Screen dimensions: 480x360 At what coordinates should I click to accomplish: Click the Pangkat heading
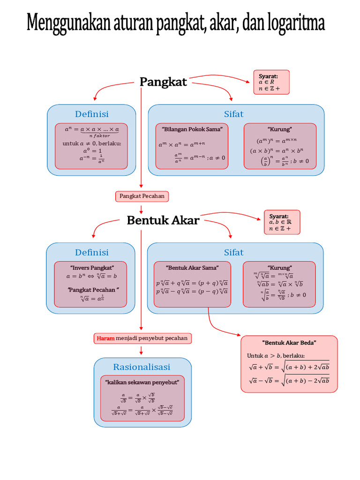163,82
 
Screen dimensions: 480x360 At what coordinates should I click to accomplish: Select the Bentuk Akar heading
163,220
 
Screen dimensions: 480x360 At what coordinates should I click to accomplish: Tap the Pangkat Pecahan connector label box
142,196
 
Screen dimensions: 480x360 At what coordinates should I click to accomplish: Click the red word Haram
105,338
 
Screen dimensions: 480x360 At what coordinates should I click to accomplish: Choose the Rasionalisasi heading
142,367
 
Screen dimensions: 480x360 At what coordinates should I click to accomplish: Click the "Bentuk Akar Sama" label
192,268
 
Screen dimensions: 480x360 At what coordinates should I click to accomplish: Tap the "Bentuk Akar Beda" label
289,343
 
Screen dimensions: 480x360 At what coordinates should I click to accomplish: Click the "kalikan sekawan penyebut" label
143,382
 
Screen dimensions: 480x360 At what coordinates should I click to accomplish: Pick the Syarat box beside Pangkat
271,82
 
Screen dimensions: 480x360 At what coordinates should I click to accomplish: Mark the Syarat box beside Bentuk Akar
282,222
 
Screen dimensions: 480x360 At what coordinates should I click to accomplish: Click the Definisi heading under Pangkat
92,114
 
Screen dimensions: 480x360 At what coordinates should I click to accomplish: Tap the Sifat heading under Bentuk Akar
234,253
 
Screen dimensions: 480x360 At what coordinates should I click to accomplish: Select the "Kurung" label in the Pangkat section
280,129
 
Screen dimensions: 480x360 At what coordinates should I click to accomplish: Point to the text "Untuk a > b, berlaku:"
275,356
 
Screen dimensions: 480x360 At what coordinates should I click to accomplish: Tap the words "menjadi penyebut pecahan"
152,338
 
